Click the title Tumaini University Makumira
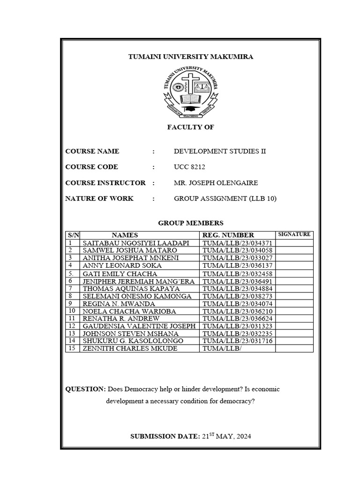coord(191,57)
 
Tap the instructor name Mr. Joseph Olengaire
coord(216,183)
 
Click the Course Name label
coord(92,151)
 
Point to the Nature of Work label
coord(99,199)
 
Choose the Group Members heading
coord(191,223)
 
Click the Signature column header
coord(294,234)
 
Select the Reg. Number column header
coord(228,235)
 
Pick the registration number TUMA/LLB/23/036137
coord(237,265)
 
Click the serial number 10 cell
coord(72,311)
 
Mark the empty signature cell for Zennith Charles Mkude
coord(294,348)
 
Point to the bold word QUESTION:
coord(86,390)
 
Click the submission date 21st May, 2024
coord(226,436)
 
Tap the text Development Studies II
coord(220,151)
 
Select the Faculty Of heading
coord(191,127)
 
